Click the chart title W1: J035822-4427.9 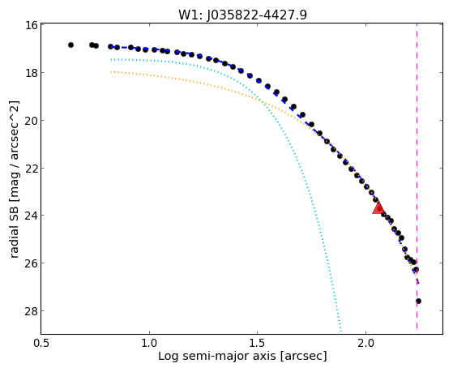click(242, 15)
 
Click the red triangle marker click(378, 207)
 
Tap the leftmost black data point click(71, 45)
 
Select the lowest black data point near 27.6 click(418, 301)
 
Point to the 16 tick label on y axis click(31, 25)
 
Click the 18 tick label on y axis click(31, 73)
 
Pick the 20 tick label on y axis click(31, 120)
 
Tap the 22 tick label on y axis click(31, 168)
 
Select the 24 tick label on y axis click(31, 216)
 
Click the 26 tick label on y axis click(31, 263)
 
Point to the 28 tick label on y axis click(31, 310)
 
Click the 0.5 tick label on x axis click(41, 343)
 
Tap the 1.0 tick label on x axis click(149, 343)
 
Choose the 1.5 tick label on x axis click(258, 343)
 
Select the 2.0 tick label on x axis click(365, 343)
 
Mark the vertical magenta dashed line click(417, 176)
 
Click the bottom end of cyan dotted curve click(341, 331)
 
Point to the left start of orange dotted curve click(111, 71)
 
